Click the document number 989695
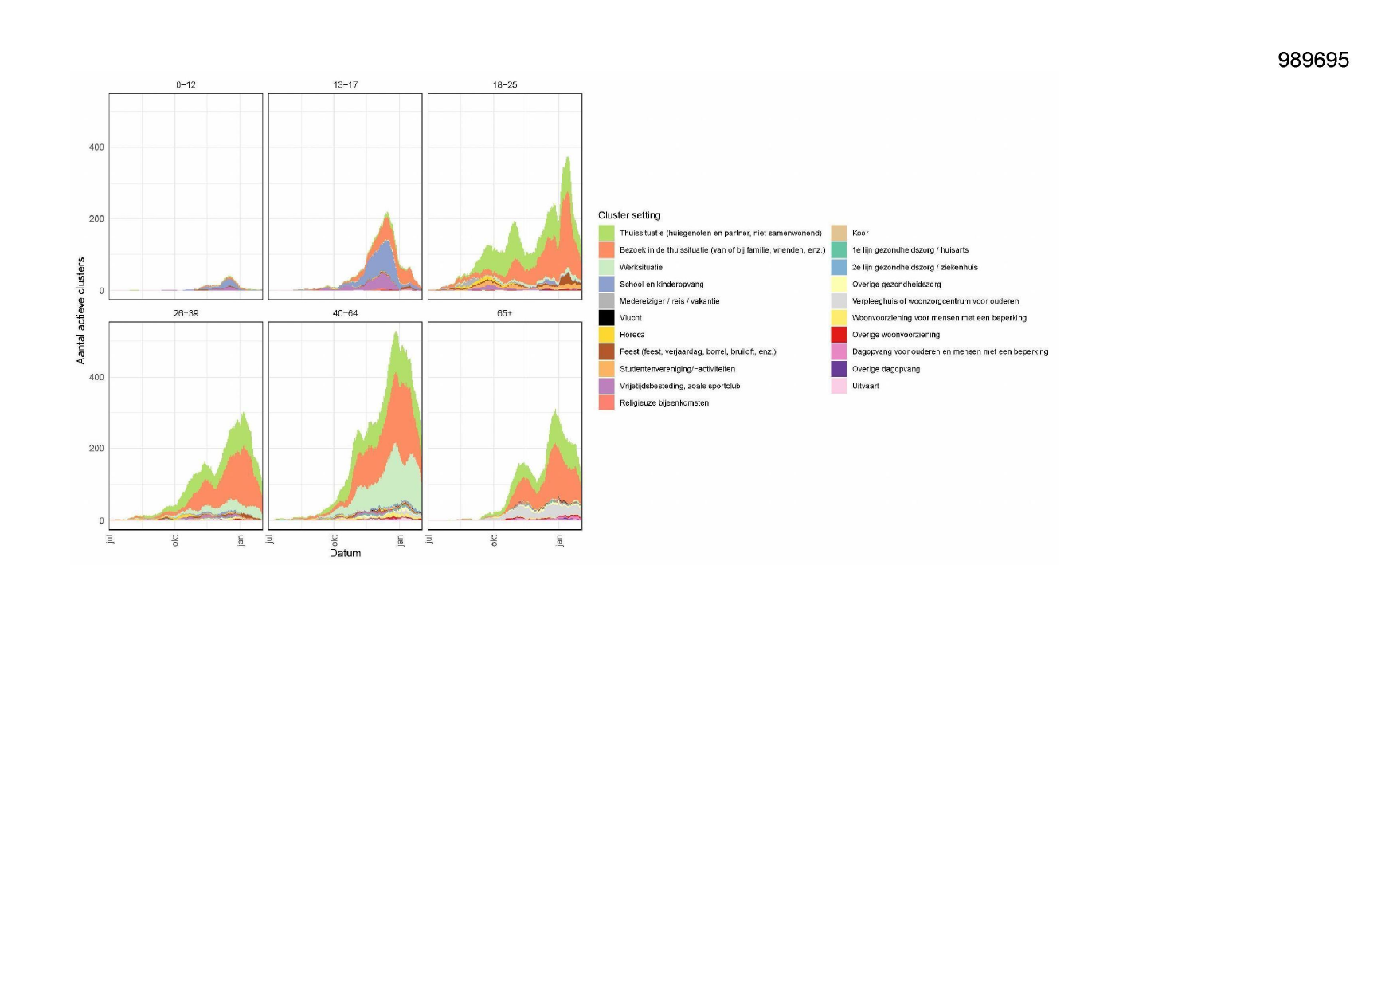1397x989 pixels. click(1313, 61)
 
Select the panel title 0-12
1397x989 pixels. click(186, 84)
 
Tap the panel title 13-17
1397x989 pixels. click(345, 84)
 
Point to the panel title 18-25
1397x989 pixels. click(504, 84)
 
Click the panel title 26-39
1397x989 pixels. click(186, 313)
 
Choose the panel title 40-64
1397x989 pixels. click(345, 313)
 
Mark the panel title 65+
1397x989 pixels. click(504, 313)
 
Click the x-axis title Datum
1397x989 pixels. click(345, 553)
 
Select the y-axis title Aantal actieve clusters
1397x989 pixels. click(80, 311)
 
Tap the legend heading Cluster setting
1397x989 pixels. click(629, 215)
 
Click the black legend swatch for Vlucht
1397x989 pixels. click(606, 318)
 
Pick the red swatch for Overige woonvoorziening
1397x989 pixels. click(839, 335)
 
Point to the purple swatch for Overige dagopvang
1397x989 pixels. click(839, 369)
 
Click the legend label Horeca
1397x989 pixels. click(632, 335)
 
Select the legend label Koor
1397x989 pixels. click(860, 234)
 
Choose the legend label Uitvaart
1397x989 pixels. click(865, 386)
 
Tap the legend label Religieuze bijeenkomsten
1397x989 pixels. click(663, 403)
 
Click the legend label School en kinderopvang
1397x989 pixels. click(661, 285)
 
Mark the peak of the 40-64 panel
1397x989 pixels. click(396, 332)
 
